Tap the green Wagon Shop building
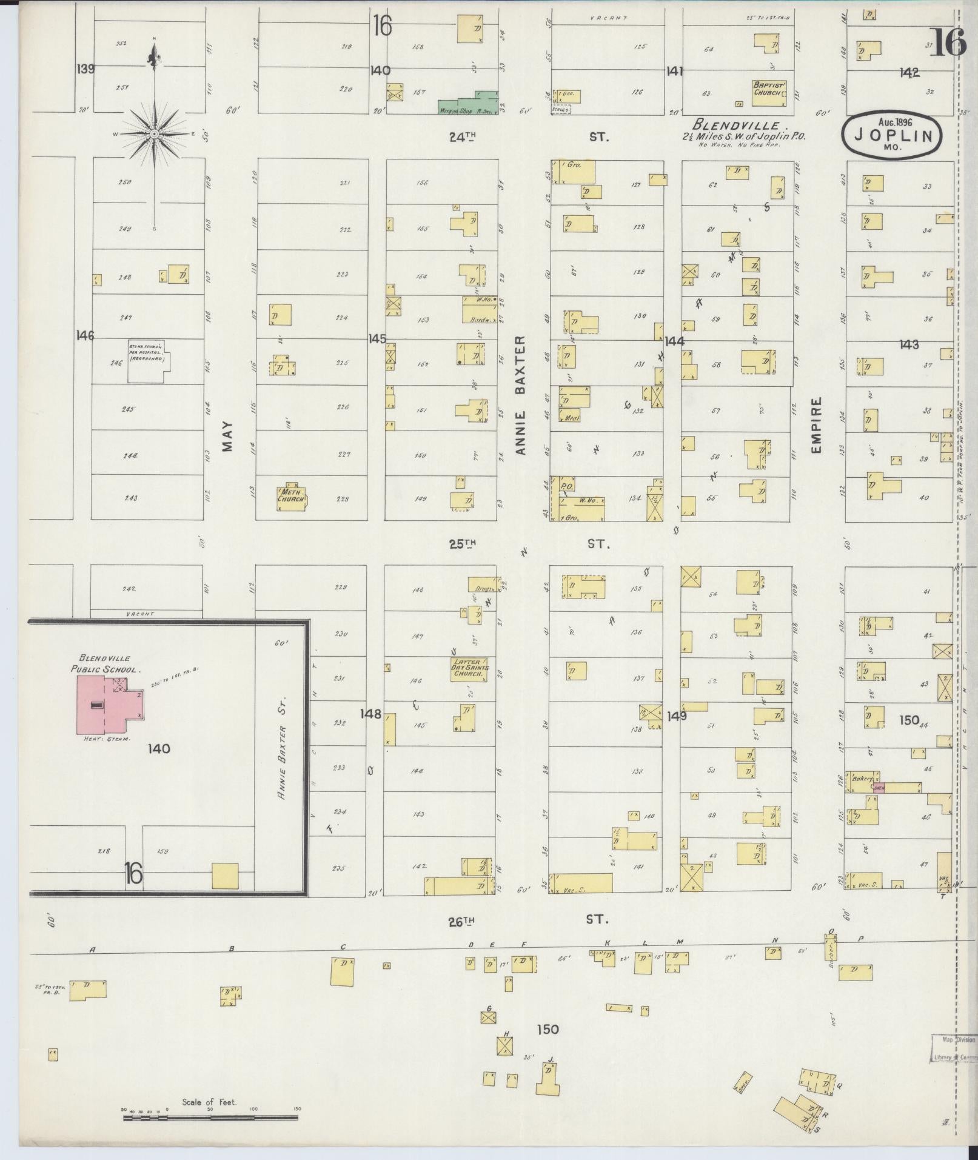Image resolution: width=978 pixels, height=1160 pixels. (x=467, y=106)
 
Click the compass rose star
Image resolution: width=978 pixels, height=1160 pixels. (x=155, y=133)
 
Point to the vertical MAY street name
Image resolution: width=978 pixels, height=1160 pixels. (x=227, y=437)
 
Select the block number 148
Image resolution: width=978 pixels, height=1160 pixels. (x=370, y=714)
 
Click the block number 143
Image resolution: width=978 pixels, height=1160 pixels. (x=909, y=344)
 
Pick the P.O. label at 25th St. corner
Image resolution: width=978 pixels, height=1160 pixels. (x=568, y=486)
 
